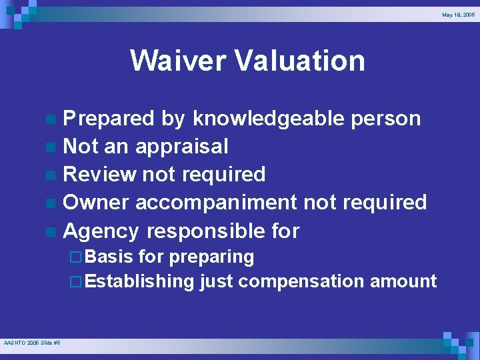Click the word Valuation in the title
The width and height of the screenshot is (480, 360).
point(299,60)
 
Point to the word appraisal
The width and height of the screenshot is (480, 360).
point(181,147)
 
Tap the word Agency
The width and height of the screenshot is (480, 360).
point(101,231)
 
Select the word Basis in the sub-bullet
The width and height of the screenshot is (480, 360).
point(109,257)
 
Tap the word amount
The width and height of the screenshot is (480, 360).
point(403,281)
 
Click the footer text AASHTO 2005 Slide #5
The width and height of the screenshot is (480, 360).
point(32,342)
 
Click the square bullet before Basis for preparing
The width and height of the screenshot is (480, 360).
point(75,257)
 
